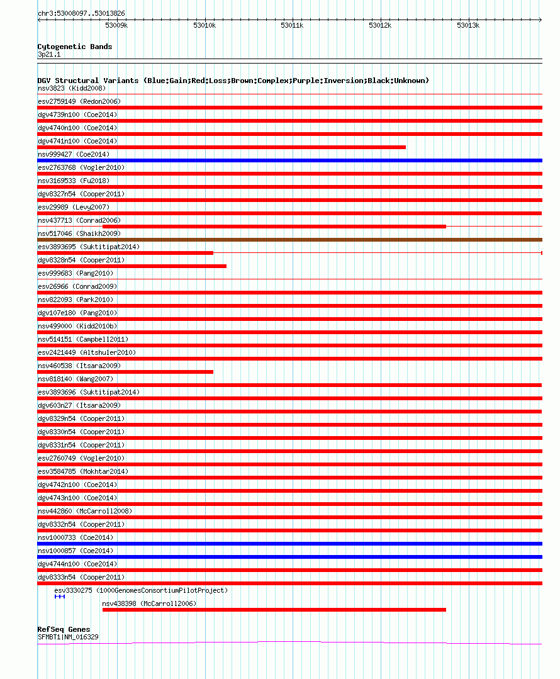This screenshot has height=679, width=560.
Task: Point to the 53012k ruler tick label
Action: tap(380, 25)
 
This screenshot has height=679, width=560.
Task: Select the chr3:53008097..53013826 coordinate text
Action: tap(81, 13)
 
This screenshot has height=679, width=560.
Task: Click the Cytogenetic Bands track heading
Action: tap(75, 47)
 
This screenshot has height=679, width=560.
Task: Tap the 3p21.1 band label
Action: tap(50, 55)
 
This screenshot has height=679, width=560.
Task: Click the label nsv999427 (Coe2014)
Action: tap(74, 154)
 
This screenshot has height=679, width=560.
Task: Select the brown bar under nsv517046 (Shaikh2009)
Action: tap(289, 240)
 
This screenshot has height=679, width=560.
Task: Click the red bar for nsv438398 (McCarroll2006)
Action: tap(274, 610)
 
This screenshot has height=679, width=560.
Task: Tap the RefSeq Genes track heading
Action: tap(64, 629)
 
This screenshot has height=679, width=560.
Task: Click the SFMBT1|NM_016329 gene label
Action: tap(68, 637)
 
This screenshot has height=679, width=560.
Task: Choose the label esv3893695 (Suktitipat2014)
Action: tap(89, 247)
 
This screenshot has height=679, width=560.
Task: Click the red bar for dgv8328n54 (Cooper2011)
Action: tap(132, 266)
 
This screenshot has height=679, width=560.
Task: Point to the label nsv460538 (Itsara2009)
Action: tap(79, 366)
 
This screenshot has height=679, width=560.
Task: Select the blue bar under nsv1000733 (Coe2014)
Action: tap(289, 544)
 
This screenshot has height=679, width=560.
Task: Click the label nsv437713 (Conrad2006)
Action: tap(79, 220)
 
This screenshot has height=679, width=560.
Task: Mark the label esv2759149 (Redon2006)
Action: tap(79, 101)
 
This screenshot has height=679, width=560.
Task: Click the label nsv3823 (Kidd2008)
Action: tap(72, 88)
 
